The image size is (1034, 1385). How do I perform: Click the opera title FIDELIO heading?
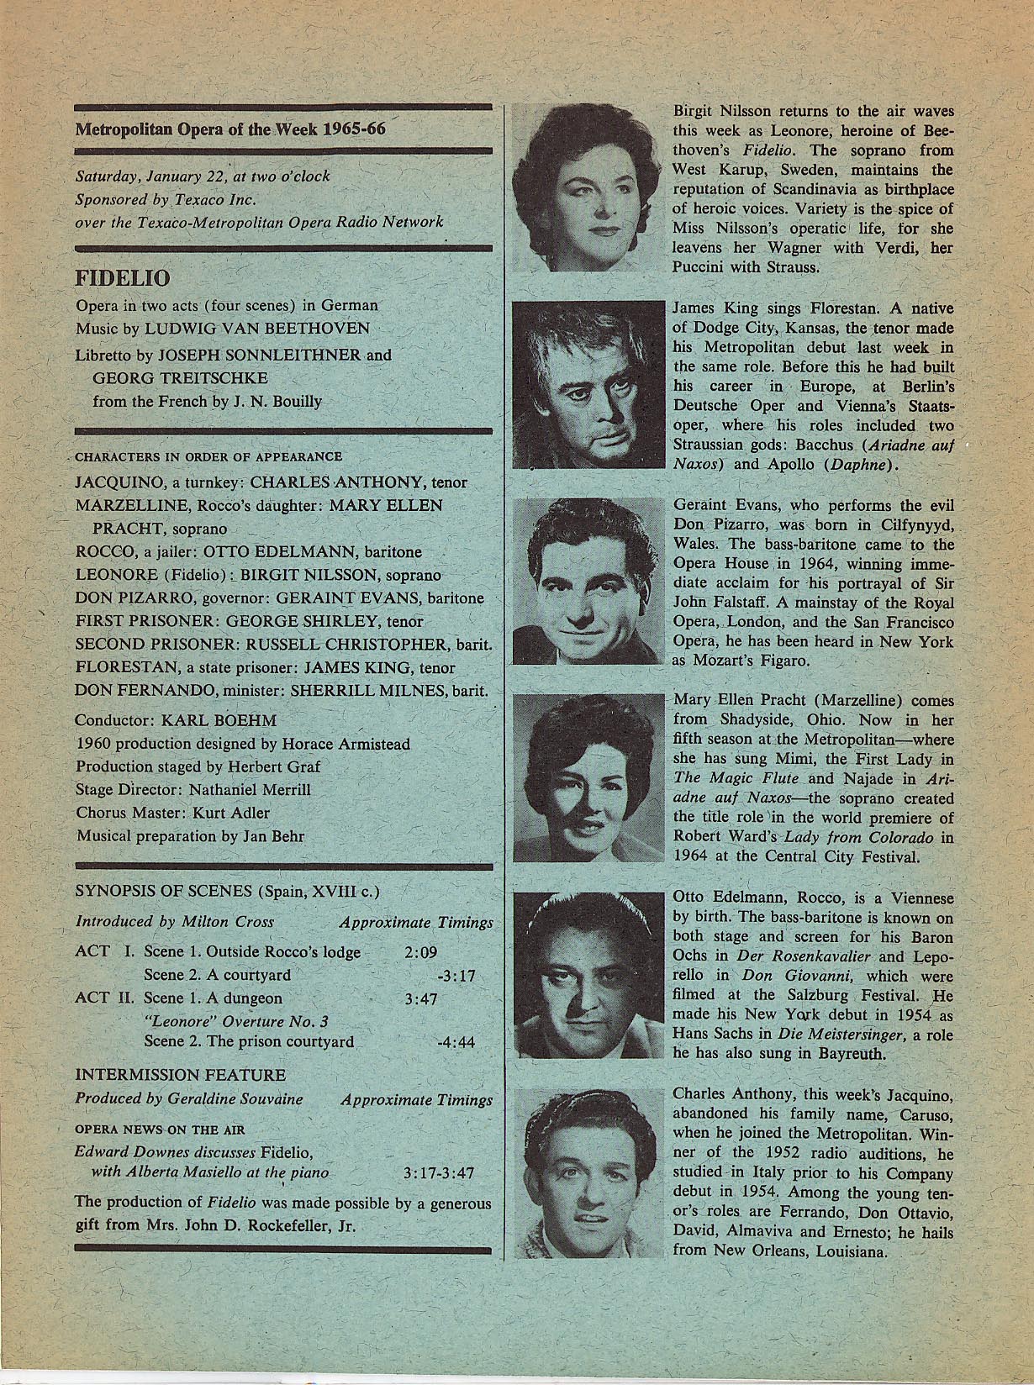click(123, 278)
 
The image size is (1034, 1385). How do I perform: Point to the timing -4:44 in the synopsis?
click(456, 1042)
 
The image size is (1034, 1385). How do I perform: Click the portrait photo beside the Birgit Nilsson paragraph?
click(585, 188)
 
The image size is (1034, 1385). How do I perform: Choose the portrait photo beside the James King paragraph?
click(585, 385)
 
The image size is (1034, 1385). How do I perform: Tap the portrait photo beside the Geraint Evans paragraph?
click(585, 582)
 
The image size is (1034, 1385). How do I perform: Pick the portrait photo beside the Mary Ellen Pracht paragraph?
click(585, 778)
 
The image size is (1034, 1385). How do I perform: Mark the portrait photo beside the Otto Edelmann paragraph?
click(585, 975)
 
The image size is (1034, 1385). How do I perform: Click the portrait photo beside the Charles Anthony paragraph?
click(585, 1172)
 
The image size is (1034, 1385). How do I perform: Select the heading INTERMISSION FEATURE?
click(181, 1075)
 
